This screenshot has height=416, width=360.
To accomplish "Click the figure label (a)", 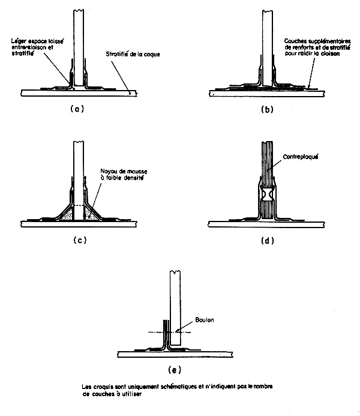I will click(76, 109).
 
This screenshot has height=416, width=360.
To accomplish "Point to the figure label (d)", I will click(268, 241).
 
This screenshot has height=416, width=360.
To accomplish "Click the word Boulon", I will click(204, 319).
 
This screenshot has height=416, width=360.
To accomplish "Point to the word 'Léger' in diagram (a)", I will click(19, 40).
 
